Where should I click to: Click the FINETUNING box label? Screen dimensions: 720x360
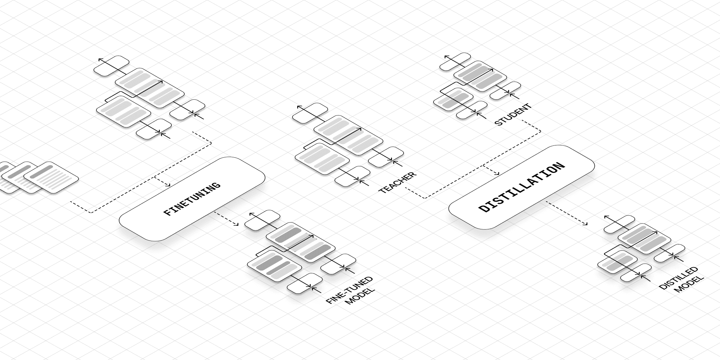pyautogui.click(x=192, y=199)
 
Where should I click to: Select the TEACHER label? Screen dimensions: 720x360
pyautogui.click(x=397, y=183)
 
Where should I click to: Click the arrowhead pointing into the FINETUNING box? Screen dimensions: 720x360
pyautogui.click(x=168, y=186)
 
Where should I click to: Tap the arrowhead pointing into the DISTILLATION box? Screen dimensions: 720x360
pyautogui.click(x=498, y=174)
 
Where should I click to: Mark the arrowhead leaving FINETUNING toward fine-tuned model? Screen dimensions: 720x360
pyautogui.click(x=237, y=225)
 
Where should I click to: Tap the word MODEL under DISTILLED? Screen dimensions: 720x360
pyautogui.click(x=688, y=285)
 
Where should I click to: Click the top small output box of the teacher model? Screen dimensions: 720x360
pyautogui.click(x=310, y=113)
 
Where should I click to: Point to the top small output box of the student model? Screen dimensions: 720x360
pyautogui.click(x=455, y=62)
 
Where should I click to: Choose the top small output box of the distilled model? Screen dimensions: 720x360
pyautogui.click(x=619, y=224)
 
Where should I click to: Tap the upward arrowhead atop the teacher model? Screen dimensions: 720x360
pyautogui.click(x=298, y=107)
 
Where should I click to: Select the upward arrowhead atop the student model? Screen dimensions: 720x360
pyautogui.click(x=446, y=57)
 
